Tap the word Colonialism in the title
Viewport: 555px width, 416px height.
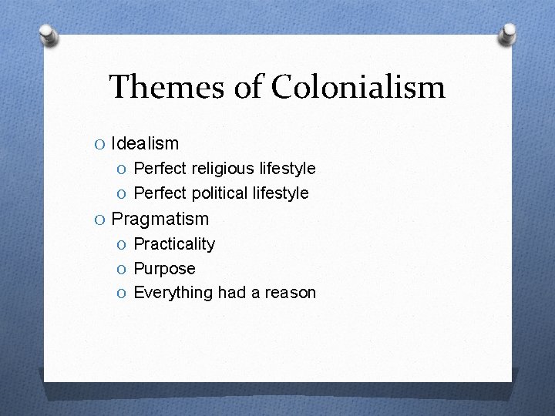click(x=358, y=86)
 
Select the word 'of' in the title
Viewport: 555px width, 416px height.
click(x=247, y=86)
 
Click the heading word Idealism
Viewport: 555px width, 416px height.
click(x=145, y=143)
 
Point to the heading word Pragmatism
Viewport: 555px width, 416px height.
click(x=160, y=219)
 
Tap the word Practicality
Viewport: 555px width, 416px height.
click(x=174, y=244)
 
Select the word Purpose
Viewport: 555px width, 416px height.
click(x=164, y=269)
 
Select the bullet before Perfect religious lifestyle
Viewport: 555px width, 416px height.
click(x=123, y=169)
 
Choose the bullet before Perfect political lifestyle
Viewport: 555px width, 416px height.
click(x=123, y=193)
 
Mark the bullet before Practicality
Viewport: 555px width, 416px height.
click(x=123, y=245)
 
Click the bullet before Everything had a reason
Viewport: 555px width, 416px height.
click(x=123, y=294)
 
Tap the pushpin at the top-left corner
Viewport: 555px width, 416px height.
click(x=49, y=34)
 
